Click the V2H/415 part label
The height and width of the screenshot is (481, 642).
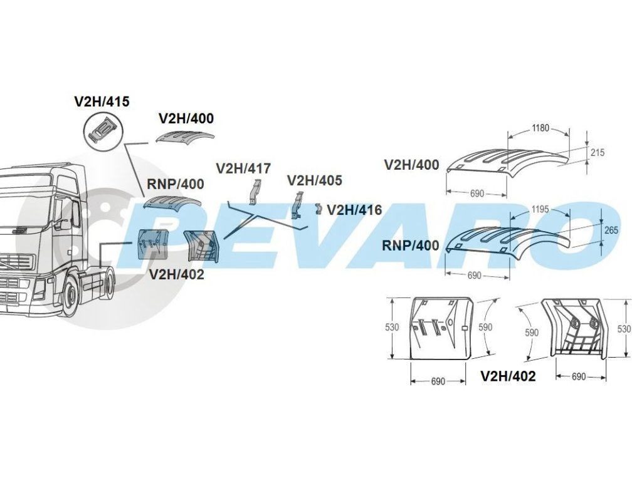102,101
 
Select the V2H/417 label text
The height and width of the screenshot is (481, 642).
243,168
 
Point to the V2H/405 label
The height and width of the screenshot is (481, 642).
315,181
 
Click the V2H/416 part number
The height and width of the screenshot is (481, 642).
354,210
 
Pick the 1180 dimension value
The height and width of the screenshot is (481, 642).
540,128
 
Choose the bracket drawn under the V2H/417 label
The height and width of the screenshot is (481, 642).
254,191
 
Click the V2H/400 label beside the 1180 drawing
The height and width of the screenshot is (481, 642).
412,165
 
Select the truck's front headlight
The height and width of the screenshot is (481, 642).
39,289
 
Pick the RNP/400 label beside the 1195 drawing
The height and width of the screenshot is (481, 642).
411,246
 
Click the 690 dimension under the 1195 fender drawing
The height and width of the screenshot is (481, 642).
475,276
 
